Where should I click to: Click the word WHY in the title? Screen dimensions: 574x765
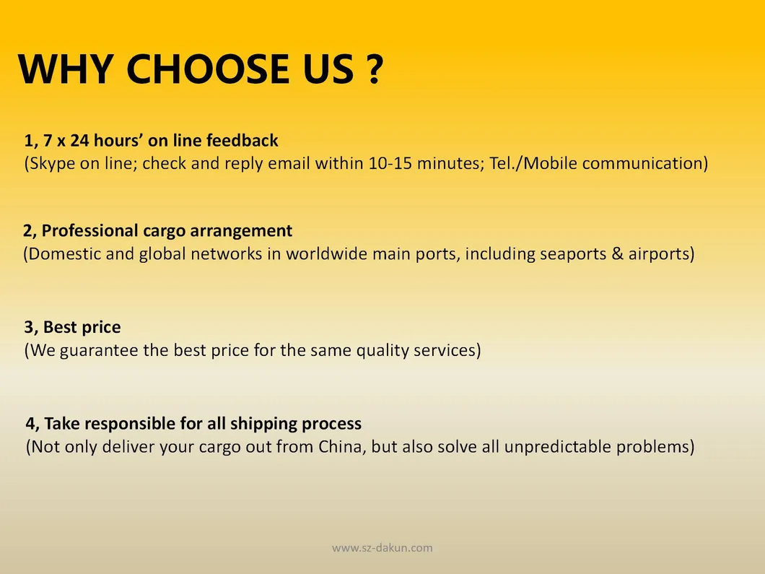(66, 69)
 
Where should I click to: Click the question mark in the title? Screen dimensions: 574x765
(372, 69)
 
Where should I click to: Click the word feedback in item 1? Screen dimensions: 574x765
(242, 140)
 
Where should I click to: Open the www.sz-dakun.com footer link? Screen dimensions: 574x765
(382, 548)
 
